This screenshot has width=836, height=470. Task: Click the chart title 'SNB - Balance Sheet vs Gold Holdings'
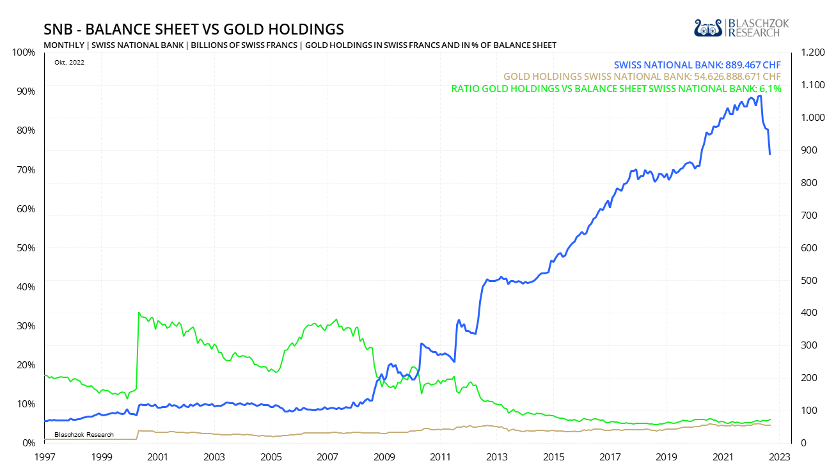pyautogui.click(x=194, y=29)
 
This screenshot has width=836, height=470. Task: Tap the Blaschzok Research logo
pyautogui.click(x=741, y=27)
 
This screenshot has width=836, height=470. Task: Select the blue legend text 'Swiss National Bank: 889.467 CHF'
pyautogui.click(x=697, y=65)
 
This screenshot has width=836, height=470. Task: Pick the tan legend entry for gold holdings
pyautogui.click(x=642, y=77)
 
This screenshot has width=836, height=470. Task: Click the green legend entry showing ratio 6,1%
pyautogui.click(x=616, y=89)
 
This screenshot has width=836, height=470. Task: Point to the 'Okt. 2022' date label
pyautogui.click(x=65, y=62)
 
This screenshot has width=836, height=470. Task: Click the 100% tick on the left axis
pyautogui.click(x=23, y=52)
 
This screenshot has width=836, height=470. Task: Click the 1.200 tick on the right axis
pyautogui.click(x=808, y=52)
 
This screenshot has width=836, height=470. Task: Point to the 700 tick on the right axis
pyautogui.click(x=805, y=215)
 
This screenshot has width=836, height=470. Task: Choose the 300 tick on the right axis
pyautogui.click(x=805, y=345)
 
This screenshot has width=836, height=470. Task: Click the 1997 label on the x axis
pyautogui.click(x=44, y=457)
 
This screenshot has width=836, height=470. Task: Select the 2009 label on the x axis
pyautogui.click(x=384, y=457)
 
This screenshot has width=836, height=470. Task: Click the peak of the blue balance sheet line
pyautogui.click(x=759, y=96)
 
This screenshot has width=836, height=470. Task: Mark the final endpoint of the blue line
pyautogui.click(x=769, y=154)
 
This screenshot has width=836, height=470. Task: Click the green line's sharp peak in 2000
pyautogui.click(x=139, y=313)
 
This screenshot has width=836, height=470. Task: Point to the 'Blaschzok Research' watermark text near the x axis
pyautogui.click(x=84, y=435)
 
